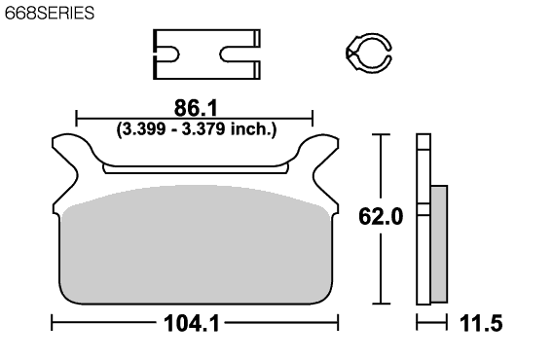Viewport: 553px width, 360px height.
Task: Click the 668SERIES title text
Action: tap(50, 13)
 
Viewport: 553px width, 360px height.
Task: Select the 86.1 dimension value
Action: tap(196, 108)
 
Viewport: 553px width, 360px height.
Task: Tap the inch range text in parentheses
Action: tap(197, 129)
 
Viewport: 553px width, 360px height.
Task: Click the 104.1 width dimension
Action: tap(192, 323)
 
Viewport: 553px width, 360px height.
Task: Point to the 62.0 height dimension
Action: tap(381, 216)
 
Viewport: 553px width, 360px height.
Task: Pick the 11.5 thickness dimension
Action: tap(481, 323)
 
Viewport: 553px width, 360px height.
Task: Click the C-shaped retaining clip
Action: tap(369, 54)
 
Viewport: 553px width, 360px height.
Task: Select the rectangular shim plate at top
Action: tap(206, 54)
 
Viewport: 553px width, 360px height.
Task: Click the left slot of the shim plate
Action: tap(167, 54)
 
